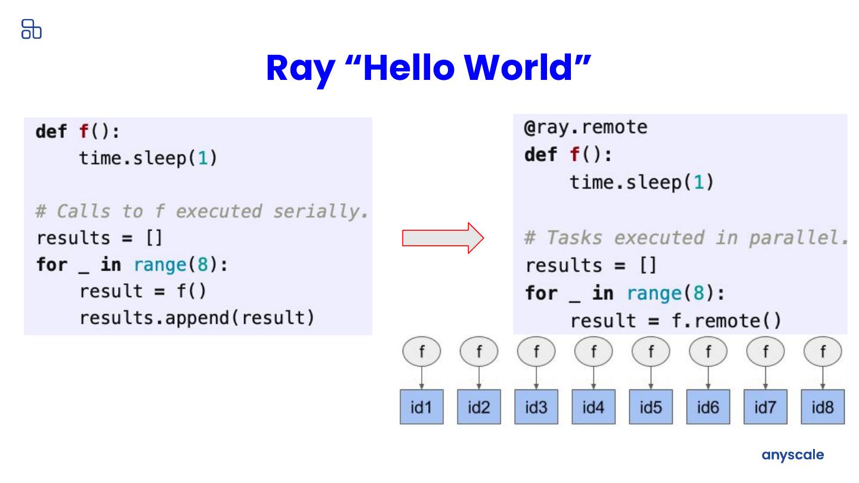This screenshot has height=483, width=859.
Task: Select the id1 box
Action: [x=421, y=408]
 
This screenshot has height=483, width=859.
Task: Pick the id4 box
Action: [x=593, y=408]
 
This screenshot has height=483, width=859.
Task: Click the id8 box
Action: [x=823, y=408]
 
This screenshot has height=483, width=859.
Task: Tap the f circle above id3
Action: [x=536, y=352]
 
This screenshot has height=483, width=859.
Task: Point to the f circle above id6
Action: [x=708, y=352]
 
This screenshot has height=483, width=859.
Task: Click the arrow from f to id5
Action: [x=651, y=379]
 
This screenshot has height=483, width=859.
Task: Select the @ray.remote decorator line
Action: [x=586, y=128]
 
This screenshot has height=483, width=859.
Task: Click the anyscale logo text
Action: [x=793, y=455]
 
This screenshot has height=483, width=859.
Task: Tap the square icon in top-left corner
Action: [x=31, y=29]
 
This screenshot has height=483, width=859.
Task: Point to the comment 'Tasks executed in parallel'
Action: [x=686, y=238]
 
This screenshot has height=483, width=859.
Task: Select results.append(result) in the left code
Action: [x=197, y=317]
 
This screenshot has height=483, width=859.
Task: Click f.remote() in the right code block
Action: [x=726, y=321]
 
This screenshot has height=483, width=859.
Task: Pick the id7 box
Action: [x=765, y=408]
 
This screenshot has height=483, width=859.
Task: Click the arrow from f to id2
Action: [x=479, y=379]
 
